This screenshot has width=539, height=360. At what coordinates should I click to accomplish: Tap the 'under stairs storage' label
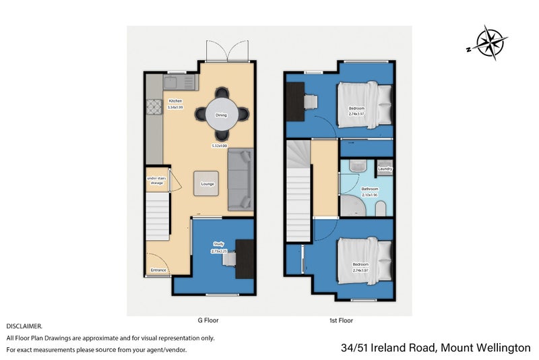[156, 180]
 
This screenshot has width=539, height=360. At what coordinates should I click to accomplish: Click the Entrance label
[158, 270]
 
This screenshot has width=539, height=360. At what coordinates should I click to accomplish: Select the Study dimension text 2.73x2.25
[219, 251]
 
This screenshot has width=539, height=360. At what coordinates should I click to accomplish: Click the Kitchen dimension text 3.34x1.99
[175, 107]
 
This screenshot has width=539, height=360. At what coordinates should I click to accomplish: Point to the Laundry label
[385, 169]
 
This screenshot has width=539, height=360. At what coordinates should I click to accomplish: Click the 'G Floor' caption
[210, 320]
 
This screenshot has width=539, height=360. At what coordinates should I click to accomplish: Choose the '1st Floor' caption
[342, 320]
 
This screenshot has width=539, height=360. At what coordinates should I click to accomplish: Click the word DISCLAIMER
[24, 326]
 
